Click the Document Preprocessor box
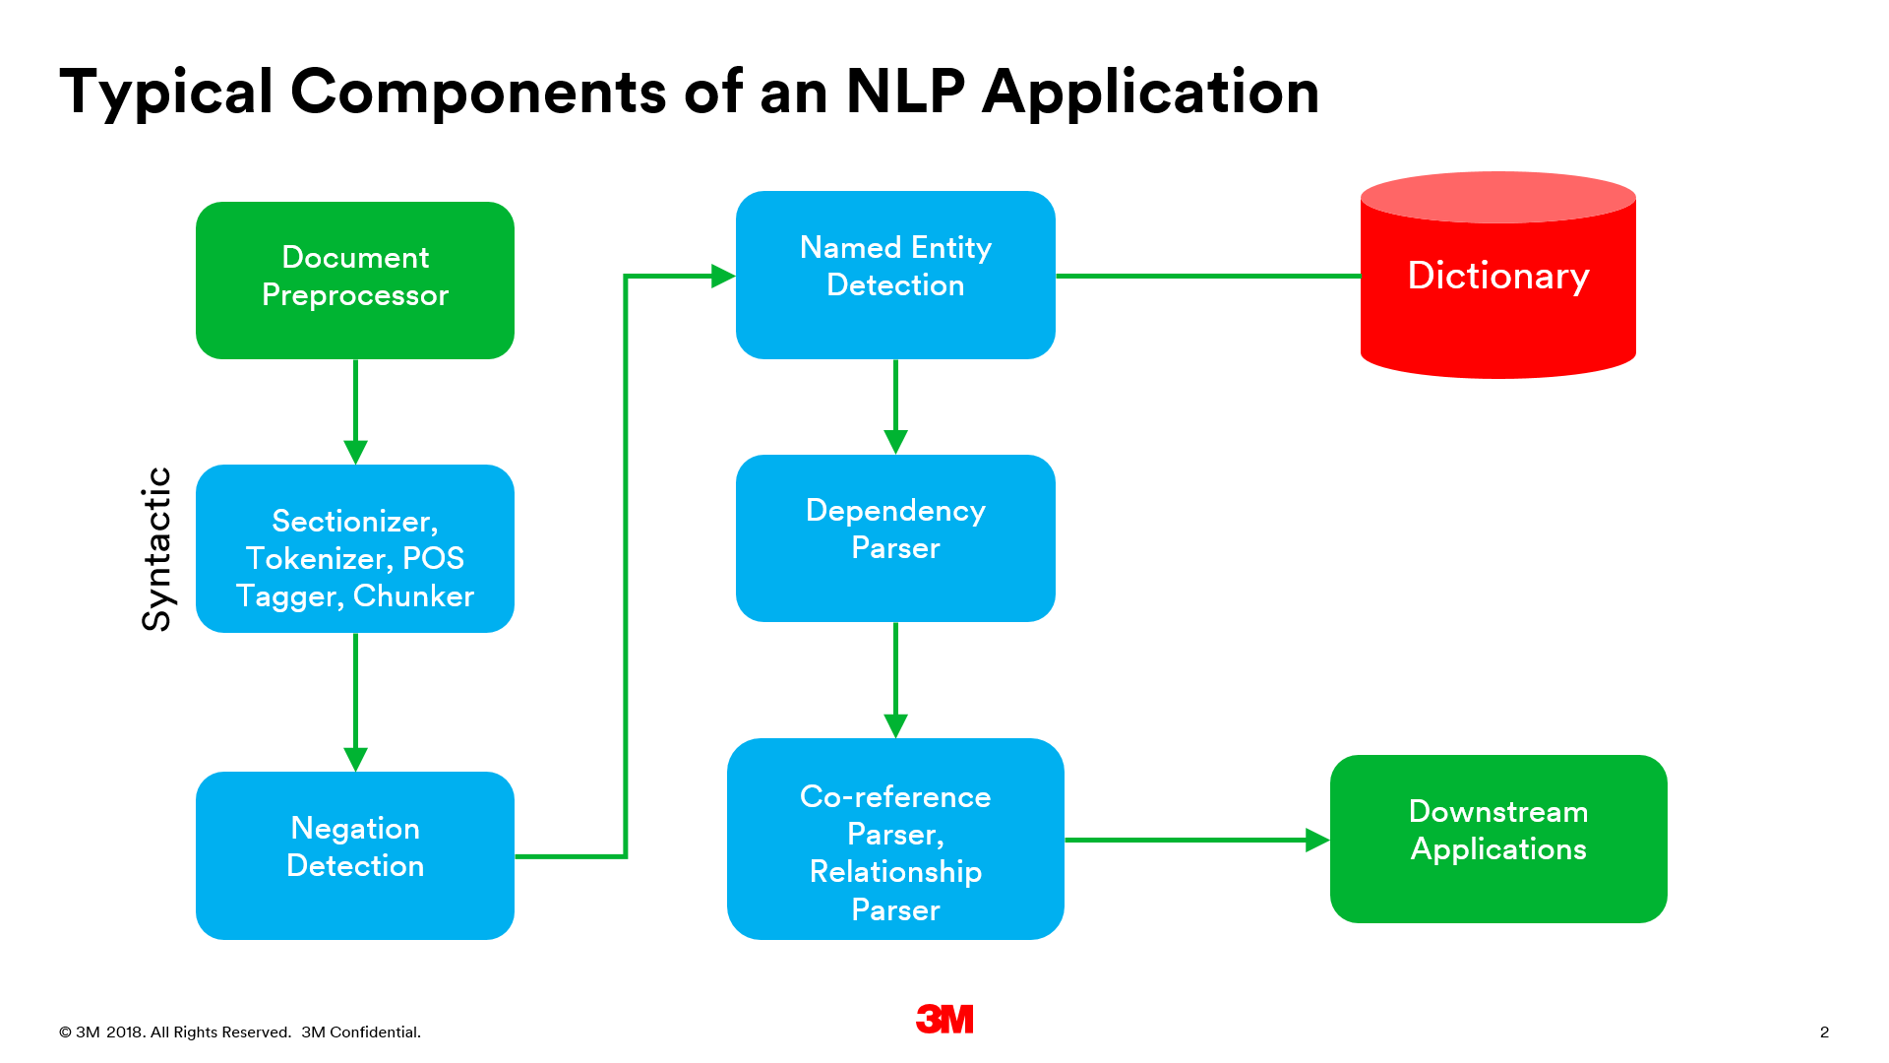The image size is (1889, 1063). click(x=355, y=280)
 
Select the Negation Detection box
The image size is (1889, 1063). click(x=355, y=854)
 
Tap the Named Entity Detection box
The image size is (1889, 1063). click(x=895, y=275)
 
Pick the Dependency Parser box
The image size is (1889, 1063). click(x=895, y=537)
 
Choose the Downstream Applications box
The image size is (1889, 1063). click(x=1497, y=839)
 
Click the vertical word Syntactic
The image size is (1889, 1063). click(x=157, y=548)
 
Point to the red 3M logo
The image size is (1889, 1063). click(x=944, y=1019)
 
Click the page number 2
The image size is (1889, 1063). click(x=1824, y=1032)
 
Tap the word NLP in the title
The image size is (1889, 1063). click(x=905, y=92)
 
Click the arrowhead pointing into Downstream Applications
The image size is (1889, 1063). click(x=1316, y=840)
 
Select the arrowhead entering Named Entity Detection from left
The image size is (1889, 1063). click(x=723, y=276)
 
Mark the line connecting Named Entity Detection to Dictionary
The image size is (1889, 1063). click(x=1207, y=277)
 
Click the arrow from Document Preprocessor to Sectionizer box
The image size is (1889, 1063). click(x=355, y=408)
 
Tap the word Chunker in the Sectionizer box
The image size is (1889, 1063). click(x=413, y=595)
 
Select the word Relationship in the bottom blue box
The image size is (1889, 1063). click(x=895, y=871)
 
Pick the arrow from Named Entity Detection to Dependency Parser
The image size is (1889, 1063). click(x=895, y=404)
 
